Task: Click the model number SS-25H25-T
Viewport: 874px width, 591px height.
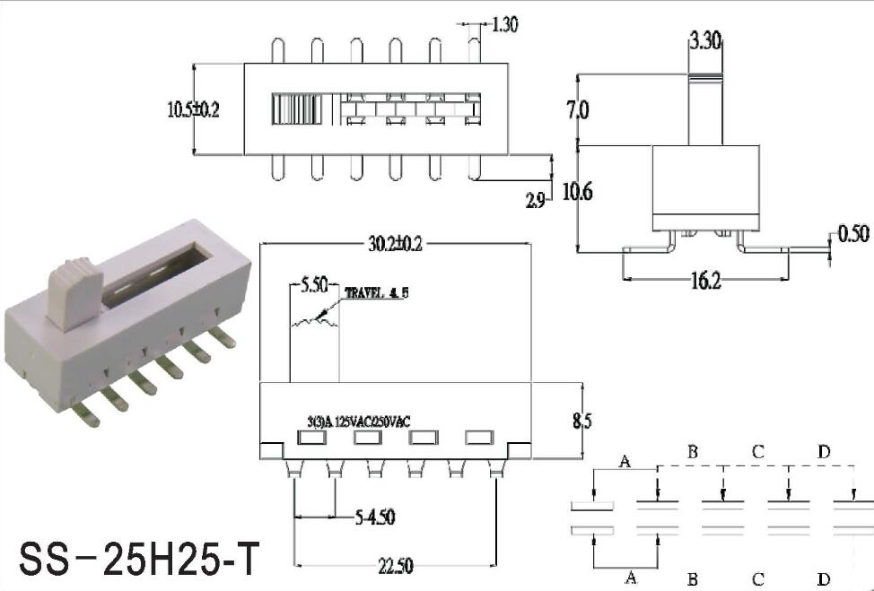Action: click(139, 559)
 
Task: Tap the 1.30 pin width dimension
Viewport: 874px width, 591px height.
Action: click(505, 24)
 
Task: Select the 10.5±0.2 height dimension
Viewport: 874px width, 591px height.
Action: click(194, 109)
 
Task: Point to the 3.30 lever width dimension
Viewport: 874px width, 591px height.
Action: click(705, 40)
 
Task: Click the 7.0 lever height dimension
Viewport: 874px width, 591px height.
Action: click(578, 109)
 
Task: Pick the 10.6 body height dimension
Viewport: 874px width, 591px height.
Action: click(578, 192)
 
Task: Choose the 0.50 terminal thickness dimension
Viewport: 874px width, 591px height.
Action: click(853, 234)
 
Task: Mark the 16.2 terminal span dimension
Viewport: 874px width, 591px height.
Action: click(705, 281)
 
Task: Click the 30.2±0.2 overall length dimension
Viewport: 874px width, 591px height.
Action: click(395, 244)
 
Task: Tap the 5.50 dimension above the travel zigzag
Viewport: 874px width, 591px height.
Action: click(314, 286)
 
